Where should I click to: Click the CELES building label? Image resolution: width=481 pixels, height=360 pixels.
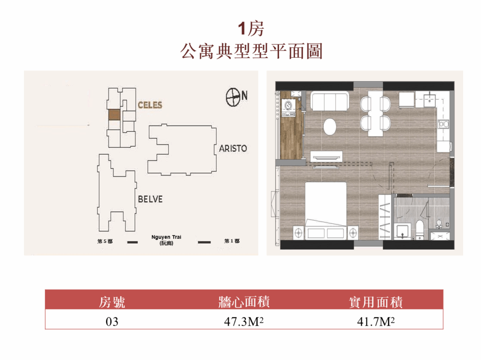click(150, 105)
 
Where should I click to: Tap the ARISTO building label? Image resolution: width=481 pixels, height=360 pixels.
click(233, 148)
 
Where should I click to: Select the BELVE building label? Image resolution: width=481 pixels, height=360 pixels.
click(150, 199)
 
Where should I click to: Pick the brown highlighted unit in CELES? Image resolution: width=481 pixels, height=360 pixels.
click(114, 115)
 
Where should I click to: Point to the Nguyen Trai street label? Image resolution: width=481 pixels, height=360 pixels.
click(166, 240)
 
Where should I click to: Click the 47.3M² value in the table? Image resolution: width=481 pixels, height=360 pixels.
click(244, 322)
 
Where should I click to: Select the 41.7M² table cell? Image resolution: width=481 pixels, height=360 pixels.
click(376, 322)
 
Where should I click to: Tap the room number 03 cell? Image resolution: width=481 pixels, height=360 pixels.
click(112, 322)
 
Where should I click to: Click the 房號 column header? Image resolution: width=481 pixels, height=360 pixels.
click(112, 302)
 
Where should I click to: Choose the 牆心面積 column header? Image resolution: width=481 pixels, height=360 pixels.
click(244, 302)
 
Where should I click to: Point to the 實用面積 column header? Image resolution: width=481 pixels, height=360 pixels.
click(376, 302)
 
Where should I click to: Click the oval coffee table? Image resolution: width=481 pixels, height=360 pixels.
click(330, 127)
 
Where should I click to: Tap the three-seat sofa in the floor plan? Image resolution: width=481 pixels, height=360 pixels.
click(329, 101)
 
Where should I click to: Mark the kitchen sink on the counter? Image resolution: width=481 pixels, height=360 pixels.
click(430, 100)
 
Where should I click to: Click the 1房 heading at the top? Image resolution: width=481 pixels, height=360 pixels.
click(251, 29)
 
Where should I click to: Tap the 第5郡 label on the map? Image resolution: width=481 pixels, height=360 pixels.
click(105, 241)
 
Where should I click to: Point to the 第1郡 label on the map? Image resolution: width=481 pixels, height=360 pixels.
click(232, 241)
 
